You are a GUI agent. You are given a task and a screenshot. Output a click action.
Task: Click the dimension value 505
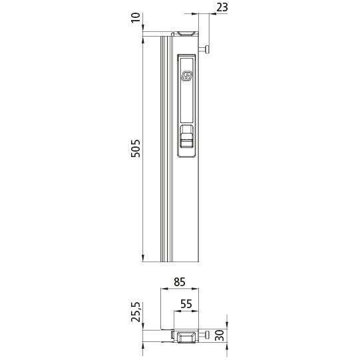136,148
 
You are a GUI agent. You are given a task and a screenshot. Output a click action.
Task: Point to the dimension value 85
179,281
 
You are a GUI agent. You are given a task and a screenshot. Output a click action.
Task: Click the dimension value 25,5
136,312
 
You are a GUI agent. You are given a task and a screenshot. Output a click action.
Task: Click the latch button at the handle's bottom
187,140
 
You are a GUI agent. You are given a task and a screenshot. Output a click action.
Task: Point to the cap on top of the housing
186,33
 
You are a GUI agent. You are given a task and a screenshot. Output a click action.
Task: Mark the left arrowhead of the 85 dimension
164,289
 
